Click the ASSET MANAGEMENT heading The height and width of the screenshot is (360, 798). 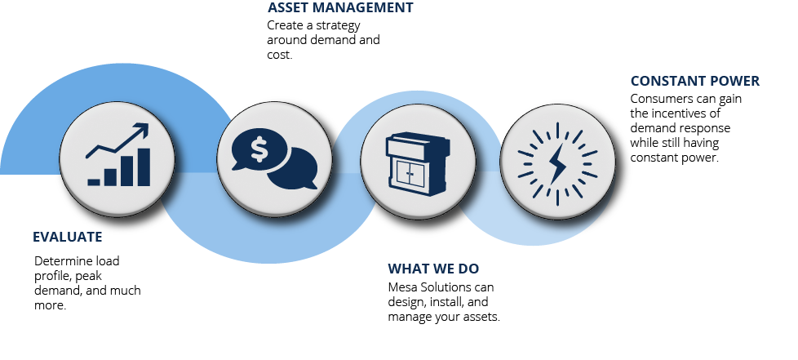point(340,7)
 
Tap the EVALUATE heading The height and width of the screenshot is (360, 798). point(68,237)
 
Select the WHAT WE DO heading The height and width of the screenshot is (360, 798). point(433,269)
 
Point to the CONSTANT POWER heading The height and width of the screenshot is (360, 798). point(694,81)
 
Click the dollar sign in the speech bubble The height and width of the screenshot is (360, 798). point(259,149)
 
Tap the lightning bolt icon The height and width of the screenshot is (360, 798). point(558,164)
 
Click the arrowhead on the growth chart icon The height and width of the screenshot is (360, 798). point(141,129)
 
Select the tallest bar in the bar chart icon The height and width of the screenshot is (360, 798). point(144,167)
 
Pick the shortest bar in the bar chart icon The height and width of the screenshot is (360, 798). point(94,182)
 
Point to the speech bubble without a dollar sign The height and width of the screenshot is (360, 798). point(294,170)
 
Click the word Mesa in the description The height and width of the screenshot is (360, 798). point(401,287)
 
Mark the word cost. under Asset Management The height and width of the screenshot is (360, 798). point(279,55)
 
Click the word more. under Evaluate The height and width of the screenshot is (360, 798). point(51,305)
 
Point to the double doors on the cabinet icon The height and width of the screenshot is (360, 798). point(410,175)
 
